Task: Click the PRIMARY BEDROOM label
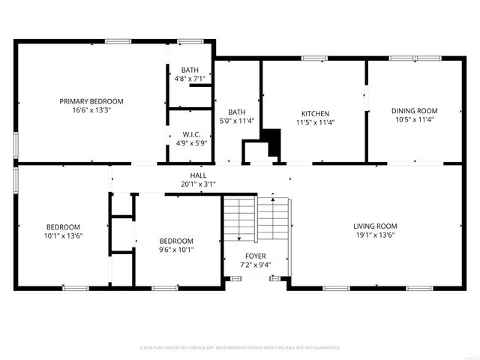(91, 101)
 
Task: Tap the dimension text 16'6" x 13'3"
(91, 109)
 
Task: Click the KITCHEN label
(315, 113)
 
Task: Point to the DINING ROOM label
(414, 111)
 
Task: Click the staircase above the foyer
(255, 217)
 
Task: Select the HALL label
(198, 175)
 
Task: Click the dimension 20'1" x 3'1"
(198, 184)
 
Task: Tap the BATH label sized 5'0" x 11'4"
(237, 112)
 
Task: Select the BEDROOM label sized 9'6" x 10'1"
(176, 241)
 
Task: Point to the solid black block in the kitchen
(271, 142)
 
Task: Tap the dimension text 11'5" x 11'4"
(315, 121)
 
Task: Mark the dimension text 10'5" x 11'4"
(414, 119)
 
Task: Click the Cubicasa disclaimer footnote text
(240, 348)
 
